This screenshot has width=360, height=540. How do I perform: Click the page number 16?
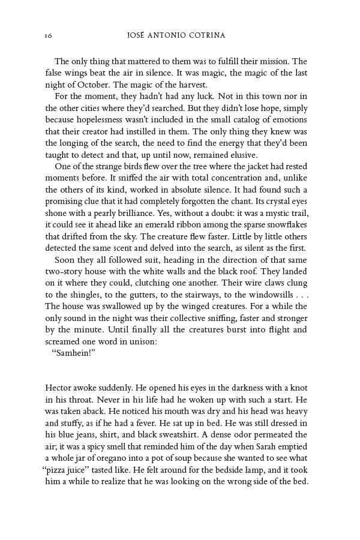49,36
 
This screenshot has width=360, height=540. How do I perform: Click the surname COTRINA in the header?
206,35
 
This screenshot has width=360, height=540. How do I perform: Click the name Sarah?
256,445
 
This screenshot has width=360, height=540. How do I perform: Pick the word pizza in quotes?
61,468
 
